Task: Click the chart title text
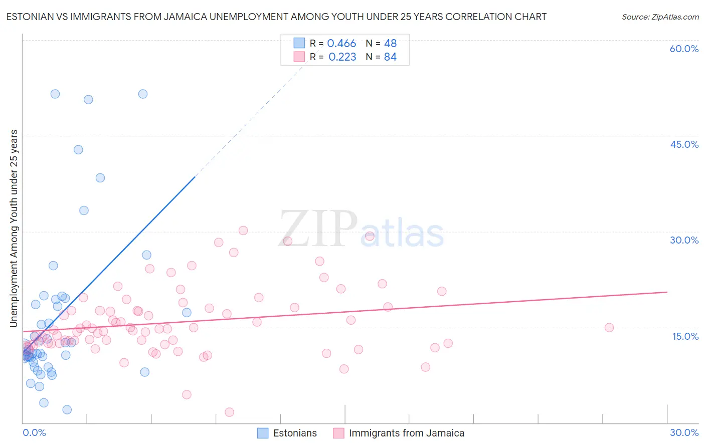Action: (276, 17)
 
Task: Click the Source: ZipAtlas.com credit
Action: (660, 17)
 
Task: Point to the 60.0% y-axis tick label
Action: (684, 49)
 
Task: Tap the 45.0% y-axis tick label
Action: (684, 144)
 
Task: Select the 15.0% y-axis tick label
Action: (685, 336)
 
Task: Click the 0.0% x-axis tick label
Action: (34, 432)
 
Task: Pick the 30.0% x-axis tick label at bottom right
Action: (684, 432)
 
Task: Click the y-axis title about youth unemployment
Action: (14, 229)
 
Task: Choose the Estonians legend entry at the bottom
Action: (287, 433)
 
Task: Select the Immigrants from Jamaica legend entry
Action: (399, 433)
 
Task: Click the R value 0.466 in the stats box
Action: (341, 44)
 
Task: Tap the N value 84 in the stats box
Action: (390, 57)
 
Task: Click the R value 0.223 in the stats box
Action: (342, 57)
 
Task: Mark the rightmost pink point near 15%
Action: (609, 328)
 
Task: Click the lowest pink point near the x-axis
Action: (229, 412)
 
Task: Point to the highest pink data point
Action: (243, 231)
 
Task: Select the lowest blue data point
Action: (67, 409)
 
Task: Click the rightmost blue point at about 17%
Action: (187, 313)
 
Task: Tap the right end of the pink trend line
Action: (667, 292)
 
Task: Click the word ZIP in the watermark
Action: (317, 230)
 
